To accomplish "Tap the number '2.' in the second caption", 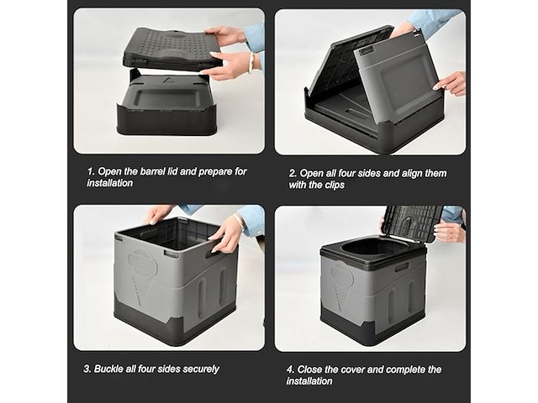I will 293,174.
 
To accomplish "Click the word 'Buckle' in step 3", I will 113,369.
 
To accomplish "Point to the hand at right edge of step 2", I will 451,81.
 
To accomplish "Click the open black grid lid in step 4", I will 412,223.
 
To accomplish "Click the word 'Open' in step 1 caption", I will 113,171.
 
